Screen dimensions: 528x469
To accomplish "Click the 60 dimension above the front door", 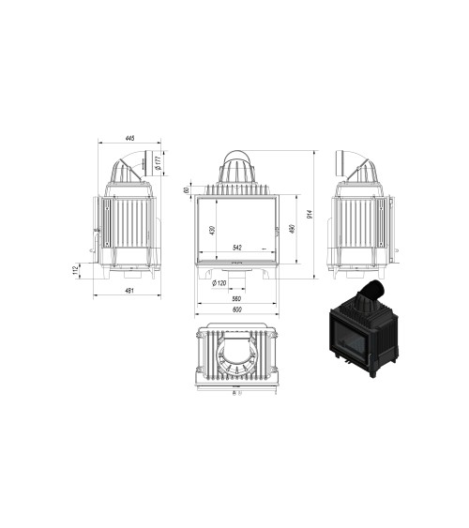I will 188,190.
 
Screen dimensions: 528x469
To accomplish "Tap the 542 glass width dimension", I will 238,248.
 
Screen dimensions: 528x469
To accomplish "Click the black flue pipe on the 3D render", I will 375,290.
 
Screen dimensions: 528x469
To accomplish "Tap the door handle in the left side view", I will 95,230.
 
